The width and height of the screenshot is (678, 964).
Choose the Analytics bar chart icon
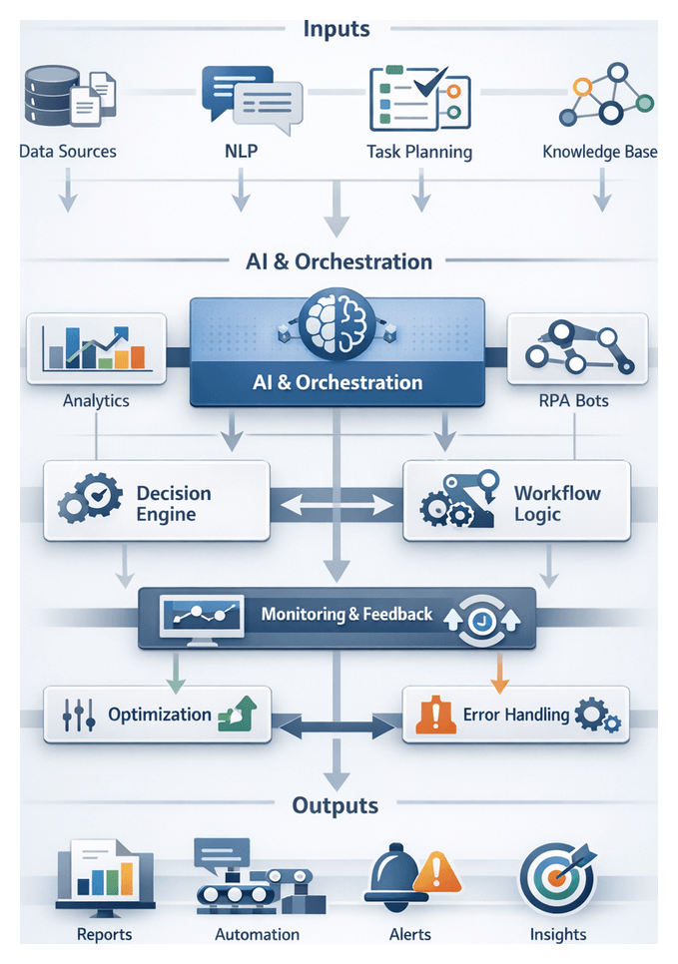coord(96,349)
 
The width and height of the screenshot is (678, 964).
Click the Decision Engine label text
coord(174,504)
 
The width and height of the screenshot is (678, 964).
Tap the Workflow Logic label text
coord(557,504)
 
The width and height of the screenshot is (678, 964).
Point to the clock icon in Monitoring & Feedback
coord(479,619)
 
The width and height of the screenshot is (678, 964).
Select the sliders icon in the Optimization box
coord(78,715)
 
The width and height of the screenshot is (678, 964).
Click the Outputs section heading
coord(336,804)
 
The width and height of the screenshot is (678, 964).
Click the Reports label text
coord(104,935)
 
